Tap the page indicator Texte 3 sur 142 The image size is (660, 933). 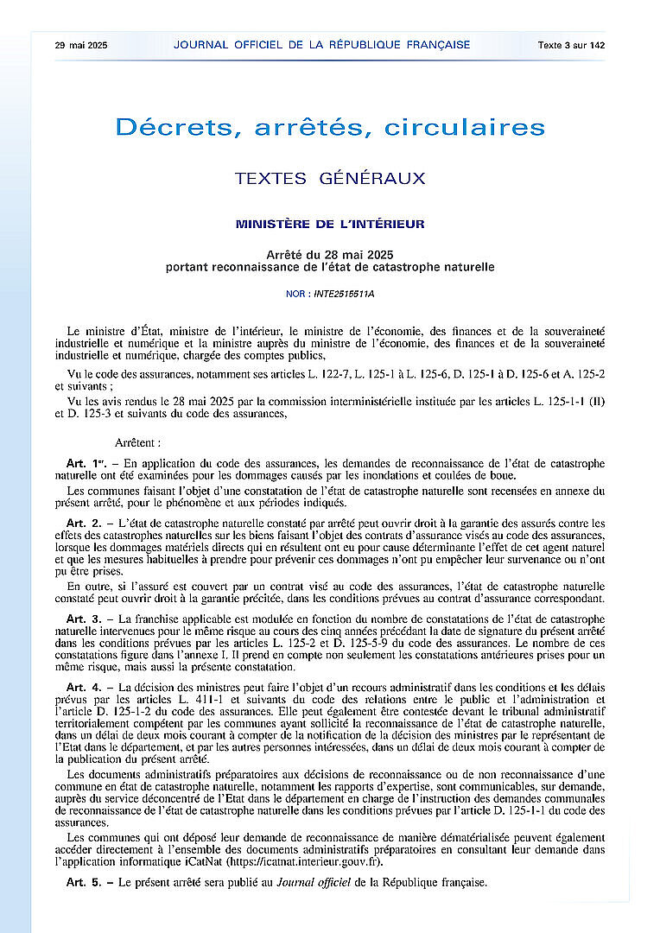coord(571,45)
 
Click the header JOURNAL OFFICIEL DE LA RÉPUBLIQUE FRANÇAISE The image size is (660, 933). coord(321,45)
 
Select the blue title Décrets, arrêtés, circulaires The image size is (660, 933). coord(330,128)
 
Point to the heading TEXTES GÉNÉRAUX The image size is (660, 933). coord(330,179)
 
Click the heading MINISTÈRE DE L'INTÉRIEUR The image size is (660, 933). coord(330,225)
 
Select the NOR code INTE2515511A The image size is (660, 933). coord(344,294)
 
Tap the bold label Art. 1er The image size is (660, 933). coord(83,464)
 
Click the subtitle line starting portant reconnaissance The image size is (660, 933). coord(330,267)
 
